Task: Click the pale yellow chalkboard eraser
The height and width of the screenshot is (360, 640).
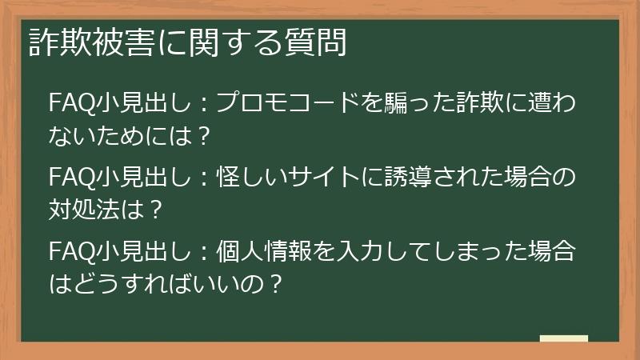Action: [563, 338]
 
